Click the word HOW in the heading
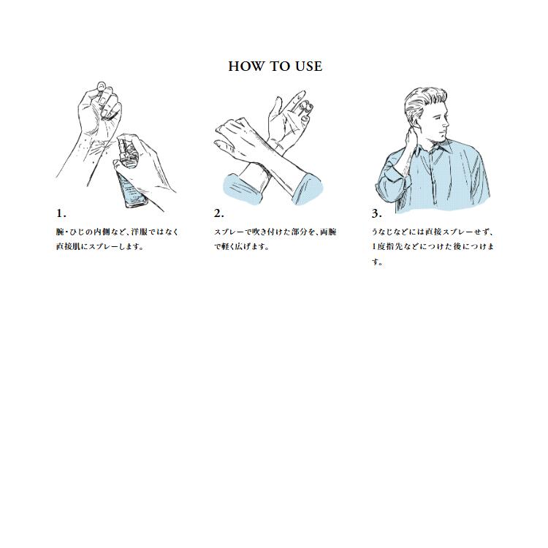pos(245,66)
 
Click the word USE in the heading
pos(308,66)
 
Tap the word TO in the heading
pos(278,66)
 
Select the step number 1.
pos(61,213)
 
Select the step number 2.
pos(219,213)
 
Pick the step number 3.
pos(377,213)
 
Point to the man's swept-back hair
pos(425,102)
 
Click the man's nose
pos(446,121)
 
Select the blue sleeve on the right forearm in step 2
pos(307,189)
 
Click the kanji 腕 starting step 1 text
pos(60,232)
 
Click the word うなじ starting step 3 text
pos(383,232)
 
